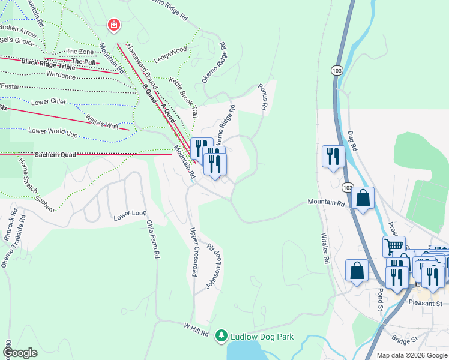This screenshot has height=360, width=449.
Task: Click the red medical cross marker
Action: coord(113,25)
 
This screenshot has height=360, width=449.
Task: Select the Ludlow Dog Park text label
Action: coord(262,337)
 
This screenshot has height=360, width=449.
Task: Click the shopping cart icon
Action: coord(394,245)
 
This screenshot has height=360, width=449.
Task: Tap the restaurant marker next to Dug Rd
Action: coord(333,156)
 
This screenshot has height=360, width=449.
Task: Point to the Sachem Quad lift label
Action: coord(55,155)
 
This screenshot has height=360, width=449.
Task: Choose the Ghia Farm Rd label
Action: coord(153,238)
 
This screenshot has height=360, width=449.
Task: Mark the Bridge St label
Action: coord(405,340)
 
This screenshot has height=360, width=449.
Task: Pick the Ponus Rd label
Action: coord(262,97)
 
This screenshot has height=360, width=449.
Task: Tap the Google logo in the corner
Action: coord(20,353)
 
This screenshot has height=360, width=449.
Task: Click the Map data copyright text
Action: coord(411,355)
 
